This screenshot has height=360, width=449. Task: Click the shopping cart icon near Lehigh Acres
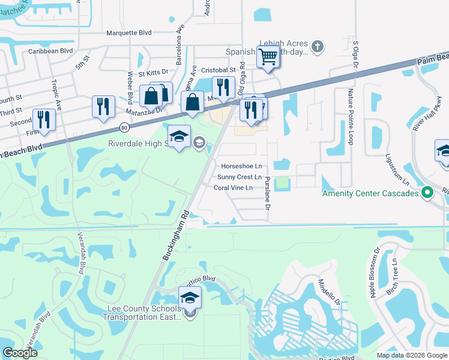tap(268, 58)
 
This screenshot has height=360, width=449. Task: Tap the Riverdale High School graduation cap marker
tap(179, 137)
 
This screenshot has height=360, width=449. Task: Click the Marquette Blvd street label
tap(129, 34)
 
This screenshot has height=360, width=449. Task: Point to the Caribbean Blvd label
tap(50, 52)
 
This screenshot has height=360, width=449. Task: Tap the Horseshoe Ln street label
tap(241, 166)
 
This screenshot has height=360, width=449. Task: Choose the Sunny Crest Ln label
tap(239, 177)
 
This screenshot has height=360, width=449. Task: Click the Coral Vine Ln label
tap(237, 188)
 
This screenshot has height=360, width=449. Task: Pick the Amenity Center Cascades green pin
tap(427, 193)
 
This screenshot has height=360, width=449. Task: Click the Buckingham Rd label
tap(175, 234)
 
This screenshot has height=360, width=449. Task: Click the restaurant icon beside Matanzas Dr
tap(103, 106)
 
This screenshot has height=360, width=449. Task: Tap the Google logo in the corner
tap(20, 353)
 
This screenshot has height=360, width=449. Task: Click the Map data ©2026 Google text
tap(411, 355)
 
